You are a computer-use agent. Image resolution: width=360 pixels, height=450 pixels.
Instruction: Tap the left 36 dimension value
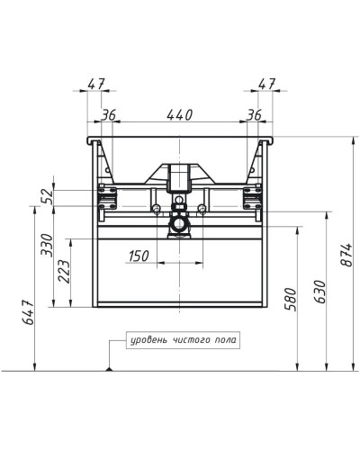click(109, 115)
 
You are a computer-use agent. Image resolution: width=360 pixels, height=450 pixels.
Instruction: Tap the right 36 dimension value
click(254, 115)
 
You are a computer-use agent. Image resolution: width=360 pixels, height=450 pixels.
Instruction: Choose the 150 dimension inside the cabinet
click(138, 256)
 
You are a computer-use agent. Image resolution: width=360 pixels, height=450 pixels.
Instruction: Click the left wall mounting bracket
click(106, 192)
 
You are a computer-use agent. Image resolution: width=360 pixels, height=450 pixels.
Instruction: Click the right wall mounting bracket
click(254, 192)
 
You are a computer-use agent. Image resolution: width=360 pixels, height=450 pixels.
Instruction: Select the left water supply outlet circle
click(157, 210)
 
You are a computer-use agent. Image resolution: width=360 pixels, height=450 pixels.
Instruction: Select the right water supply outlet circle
click(202, 210)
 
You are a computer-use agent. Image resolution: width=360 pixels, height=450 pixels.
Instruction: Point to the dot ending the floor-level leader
click(108, 369)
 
